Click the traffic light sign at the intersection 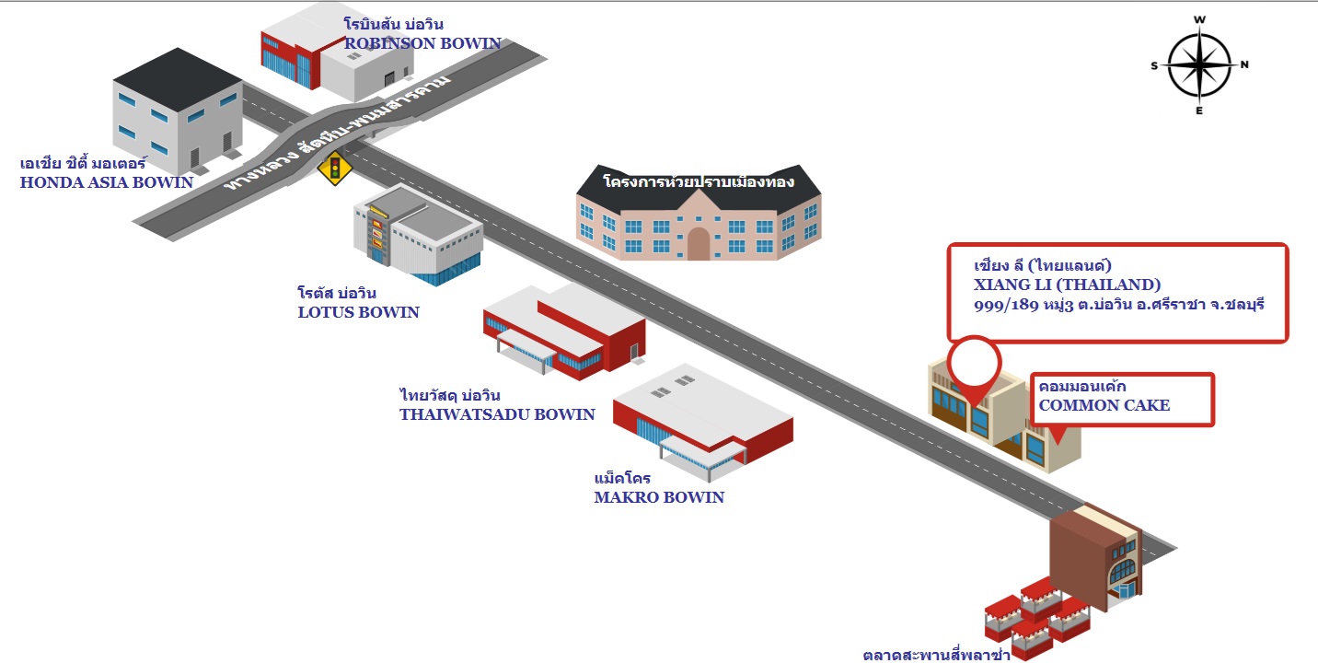[335, 169]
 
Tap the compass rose [1199, 65]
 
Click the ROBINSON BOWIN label [422, 43]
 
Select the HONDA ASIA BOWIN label [107, 182]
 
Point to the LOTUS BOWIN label [358, 312]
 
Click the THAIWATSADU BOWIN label [497, 414]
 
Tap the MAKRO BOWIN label [659, 497]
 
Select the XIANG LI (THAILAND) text [1068, 284]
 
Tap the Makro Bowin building [703, 419]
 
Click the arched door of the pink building [699, 244]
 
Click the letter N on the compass [1243, 64]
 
